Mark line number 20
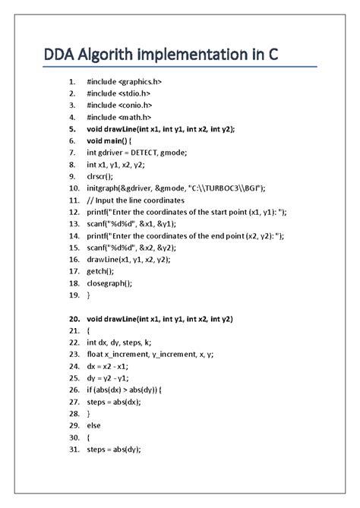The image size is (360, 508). pyautogui.click(x=73, y=318)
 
